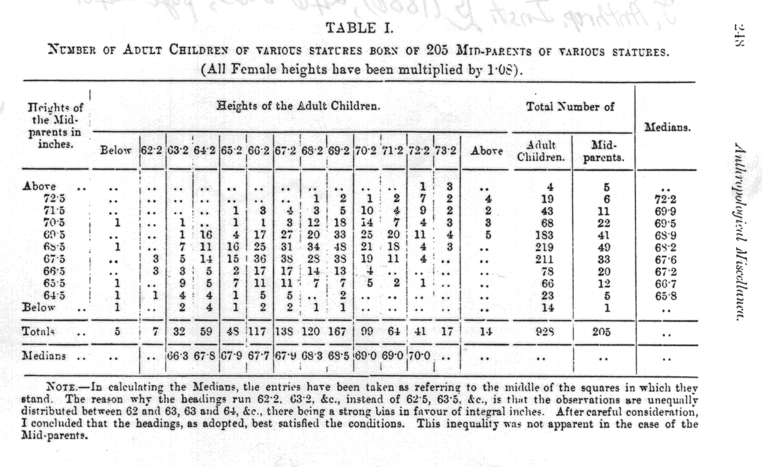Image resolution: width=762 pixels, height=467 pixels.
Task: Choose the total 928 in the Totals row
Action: pos(542,333)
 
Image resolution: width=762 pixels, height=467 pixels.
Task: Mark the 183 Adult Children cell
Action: pos(542,236)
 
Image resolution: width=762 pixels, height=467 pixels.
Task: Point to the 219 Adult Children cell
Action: pos(542,248)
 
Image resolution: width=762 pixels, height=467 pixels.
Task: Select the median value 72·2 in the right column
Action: pos(667,199)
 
